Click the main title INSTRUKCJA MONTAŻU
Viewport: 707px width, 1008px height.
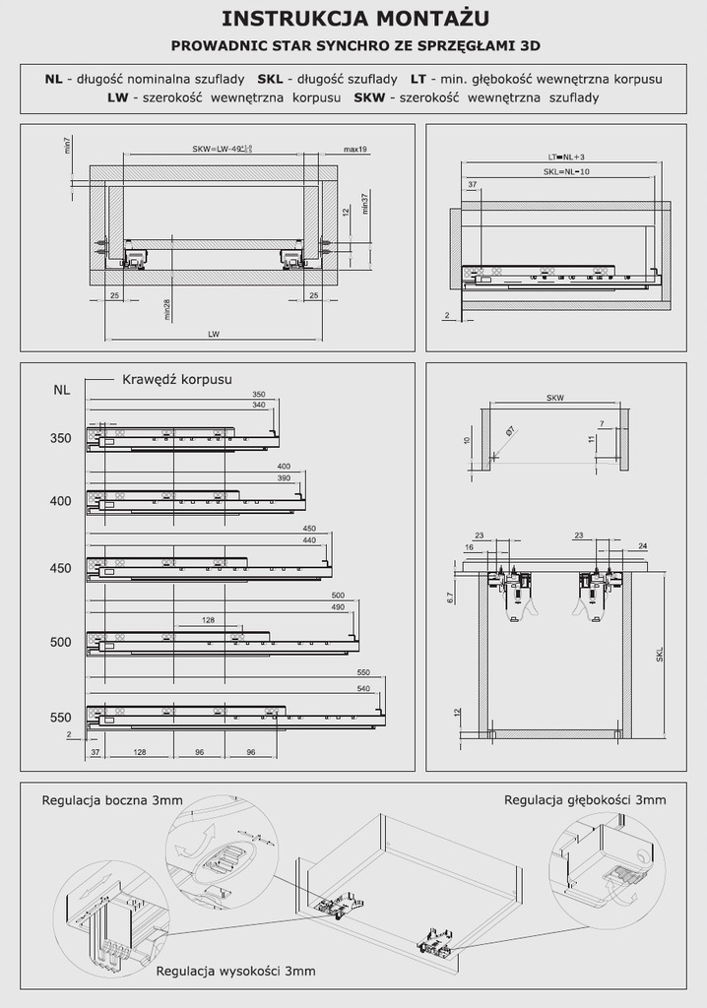tap(353, 18)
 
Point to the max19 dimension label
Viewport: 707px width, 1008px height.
tap(355, 149)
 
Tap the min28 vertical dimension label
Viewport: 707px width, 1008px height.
tap(168, 309)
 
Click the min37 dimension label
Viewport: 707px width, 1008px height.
tap(363, 203)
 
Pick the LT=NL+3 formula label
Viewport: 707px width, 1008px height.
tap(566, 157)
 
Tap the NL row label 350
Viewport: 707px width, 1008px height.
tap(61, 438)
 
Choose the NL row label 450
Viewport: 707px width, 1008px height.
tap(61, 569)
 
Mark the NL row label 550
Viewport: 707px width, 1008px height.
tap(61, 718)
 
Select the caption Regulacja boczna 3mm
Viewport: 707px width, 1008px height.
tap(111, 800)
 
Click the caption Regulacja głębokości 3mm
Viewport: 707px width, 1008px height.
tap(585, 799)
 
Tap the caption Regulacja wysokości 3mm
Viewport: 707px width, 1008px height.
tap(235, 971)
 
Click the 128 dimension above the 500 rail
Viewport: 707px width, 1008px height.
tap(208, 620)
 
